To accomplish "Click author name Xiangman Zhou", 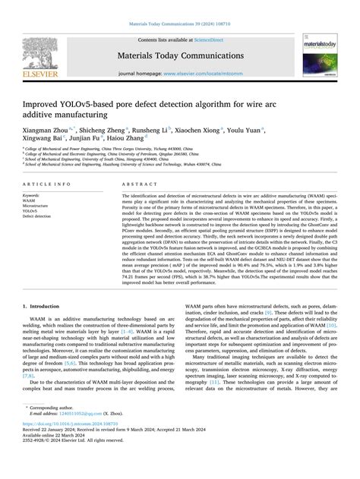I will click(45, 131).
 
